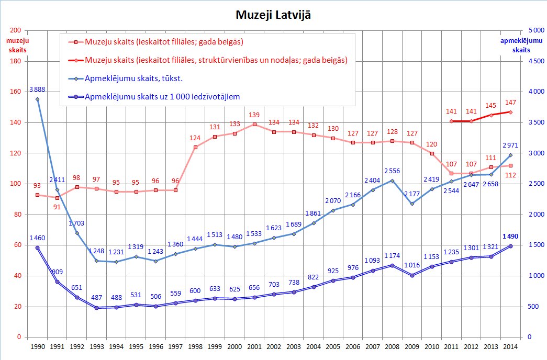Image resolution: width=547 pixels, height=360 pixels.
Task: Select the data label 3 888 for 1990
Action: point(37,89)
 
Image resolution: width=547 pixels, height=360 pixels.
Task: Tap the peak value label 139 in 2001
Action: point(254,115)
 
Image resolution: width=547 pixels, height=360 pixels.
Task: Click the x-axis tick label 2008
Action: point(393,346)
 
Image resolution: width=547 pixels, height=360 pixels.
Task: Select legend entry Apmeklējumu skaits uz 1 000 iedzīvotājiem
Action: point(162,97)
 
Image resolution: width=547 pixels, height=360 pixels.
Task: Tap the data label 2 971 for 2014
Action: point(510,145)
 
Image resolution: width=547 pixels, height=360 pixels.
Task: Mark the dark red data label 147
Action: point(510,103)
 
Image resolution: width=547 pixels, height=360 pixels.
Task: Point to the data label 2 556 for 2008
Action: point(393,171)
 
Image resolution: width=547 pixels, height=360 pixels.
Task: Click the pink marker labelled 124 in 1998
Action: point(195,147)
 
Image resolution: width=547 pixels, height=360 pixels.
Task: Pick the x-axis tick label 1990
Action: point(37,346)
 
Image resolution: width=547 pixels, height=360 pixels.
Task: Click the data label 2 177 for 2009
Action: point(412,195)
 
